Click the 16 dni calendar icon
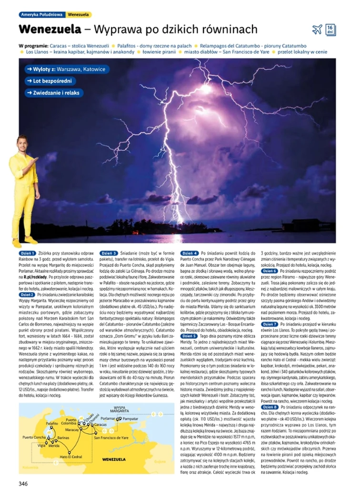[330, 30]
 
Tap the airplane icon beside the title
[317, 30]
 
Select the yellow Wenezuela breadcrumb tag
[79, 15]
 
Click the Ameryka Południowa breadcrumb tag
[41, 15]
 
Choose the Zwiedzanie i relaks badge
[54, 93]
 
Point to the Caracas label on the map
[100, 423]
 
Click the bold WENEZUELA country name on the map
[114, 460]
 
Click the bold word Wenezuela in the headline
[50, 29]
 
